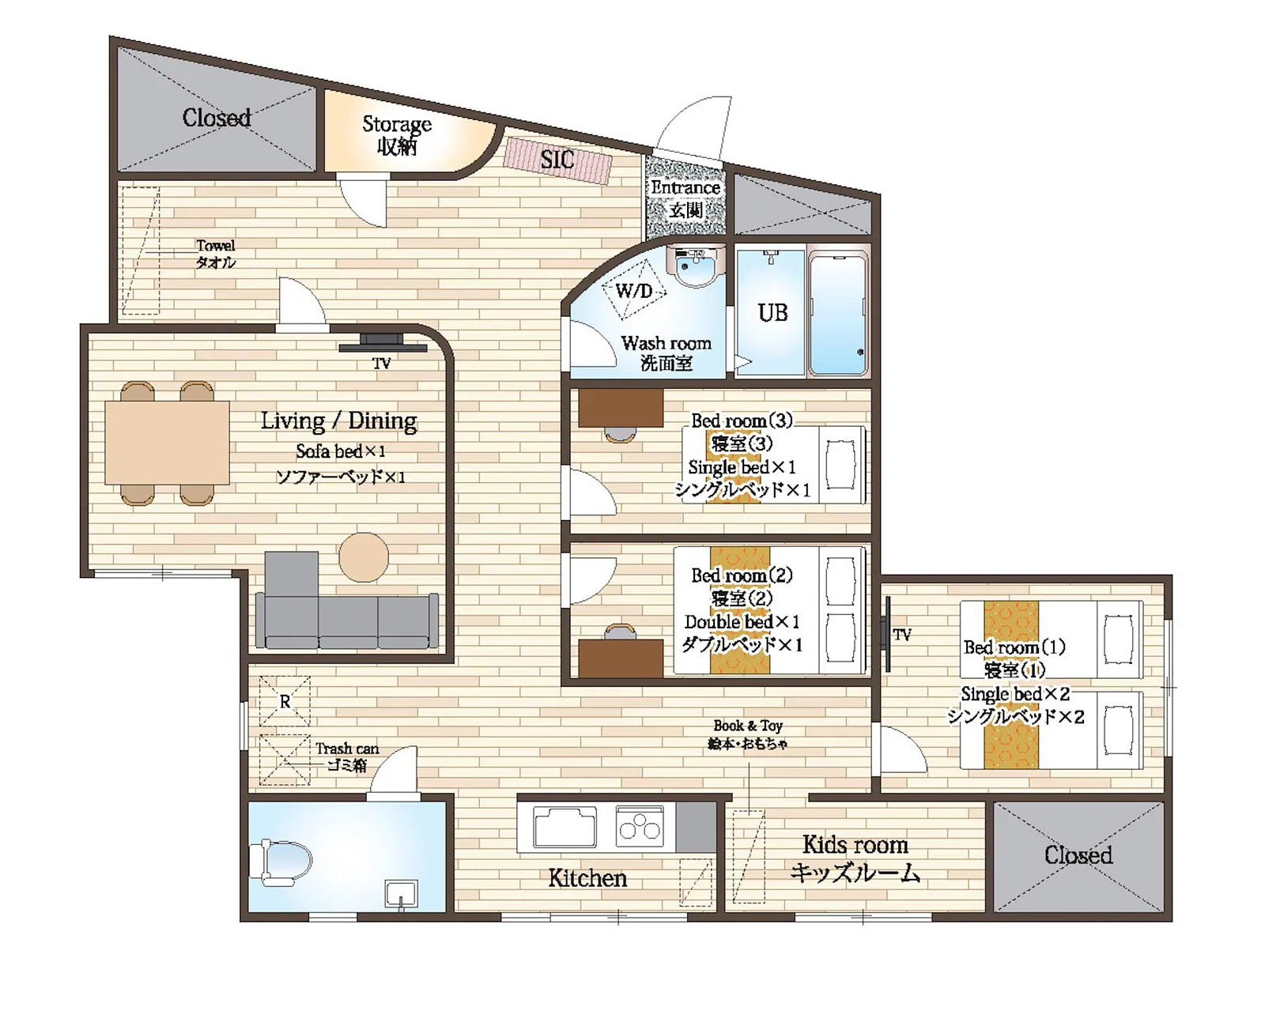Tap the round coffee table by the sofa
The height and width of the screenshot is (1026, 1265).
coord(364,557)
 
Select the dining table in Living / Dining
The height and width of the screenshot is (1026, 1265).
coord(167,443)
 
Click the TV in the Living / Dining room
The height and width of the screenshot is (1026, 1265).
coord(383,343)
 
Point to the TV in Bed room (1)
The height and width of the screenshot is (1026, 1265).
coord(888,634)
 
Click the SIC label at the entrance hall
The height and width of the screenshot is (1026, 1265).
coord(557,160)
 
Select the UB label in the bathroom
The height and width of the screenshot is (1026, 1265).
coord(772,313)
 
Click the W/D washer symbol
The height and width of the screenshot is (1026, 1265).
coord(634,291)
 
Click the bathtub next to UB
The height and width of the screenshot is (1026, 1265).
coord(837,315)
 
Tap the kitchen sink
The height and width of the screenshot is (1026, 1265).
coord(565,826)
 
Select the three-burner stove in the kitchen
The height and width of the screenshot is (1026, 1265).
coord(640,825)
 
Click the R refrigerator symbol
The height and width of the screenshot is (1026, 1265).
coord(285,701)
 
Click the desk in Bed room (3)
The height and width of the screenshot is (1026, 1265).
coord(621,408)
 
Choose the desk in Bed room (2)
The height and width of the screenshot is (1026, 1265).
coord(621,658)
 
